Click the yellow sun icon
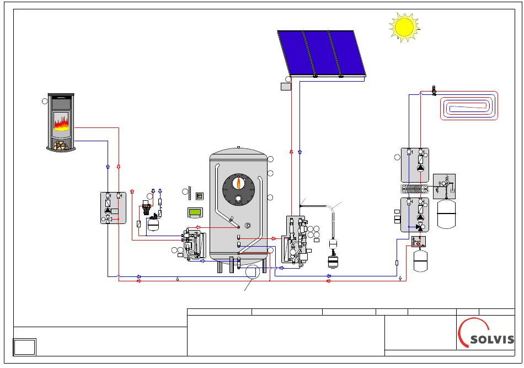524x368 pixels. pos(404,28)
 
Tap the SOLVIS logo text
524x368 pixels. pos(492,340)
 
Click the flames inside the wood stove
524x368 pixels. pos(61,124)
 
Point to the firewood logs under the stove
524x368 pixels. pos(61,146)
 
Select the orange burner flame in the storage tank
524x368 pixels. pos(239,183)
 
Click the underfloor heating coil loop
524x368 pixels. pos(469,105)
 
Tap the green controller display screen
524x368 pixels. pos(195,212)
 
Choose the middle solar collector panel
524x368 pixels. pos(321,53)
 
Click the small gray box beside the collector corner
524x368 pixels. pos(286,87)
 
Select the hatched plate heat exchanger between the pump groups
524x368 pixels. pos(415,189)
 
